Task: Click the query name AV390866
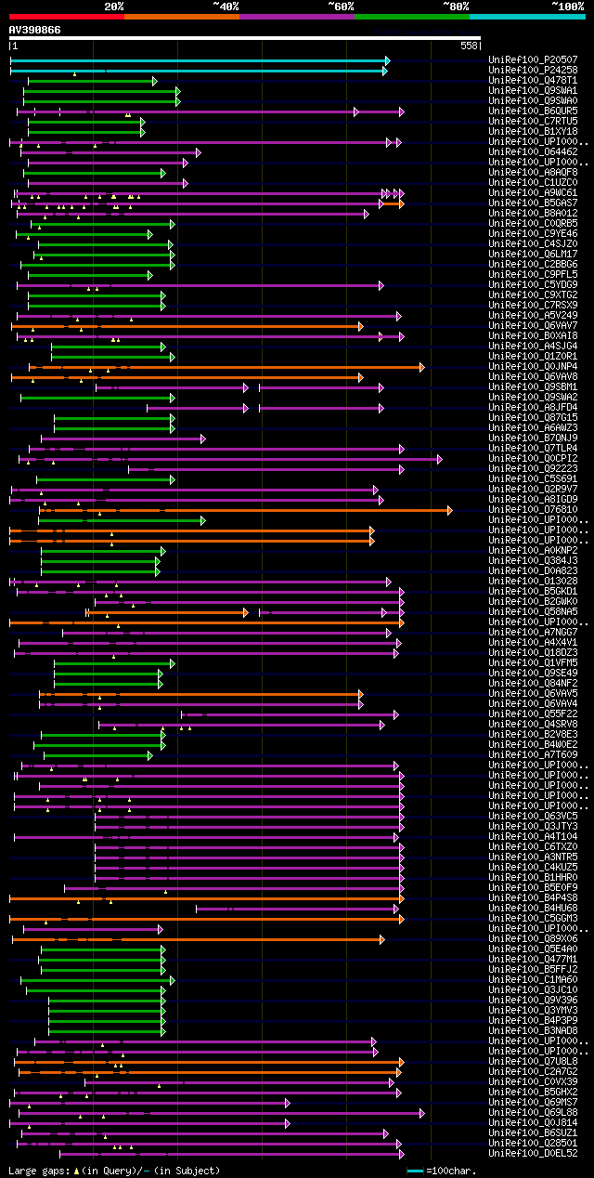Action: [x=35, y=30]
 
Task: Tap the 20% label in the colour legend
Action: [x=113, y=6]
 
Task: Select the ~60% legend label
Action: [x=341, y=6]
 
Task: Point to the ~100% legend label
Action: [x=567, y=6]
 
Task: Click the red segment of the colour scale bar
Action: [x=66, y=16]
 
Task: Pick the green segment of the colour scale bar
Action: [x=411, y=16]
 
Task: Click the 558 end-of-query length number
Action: [x=469, y=46]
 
